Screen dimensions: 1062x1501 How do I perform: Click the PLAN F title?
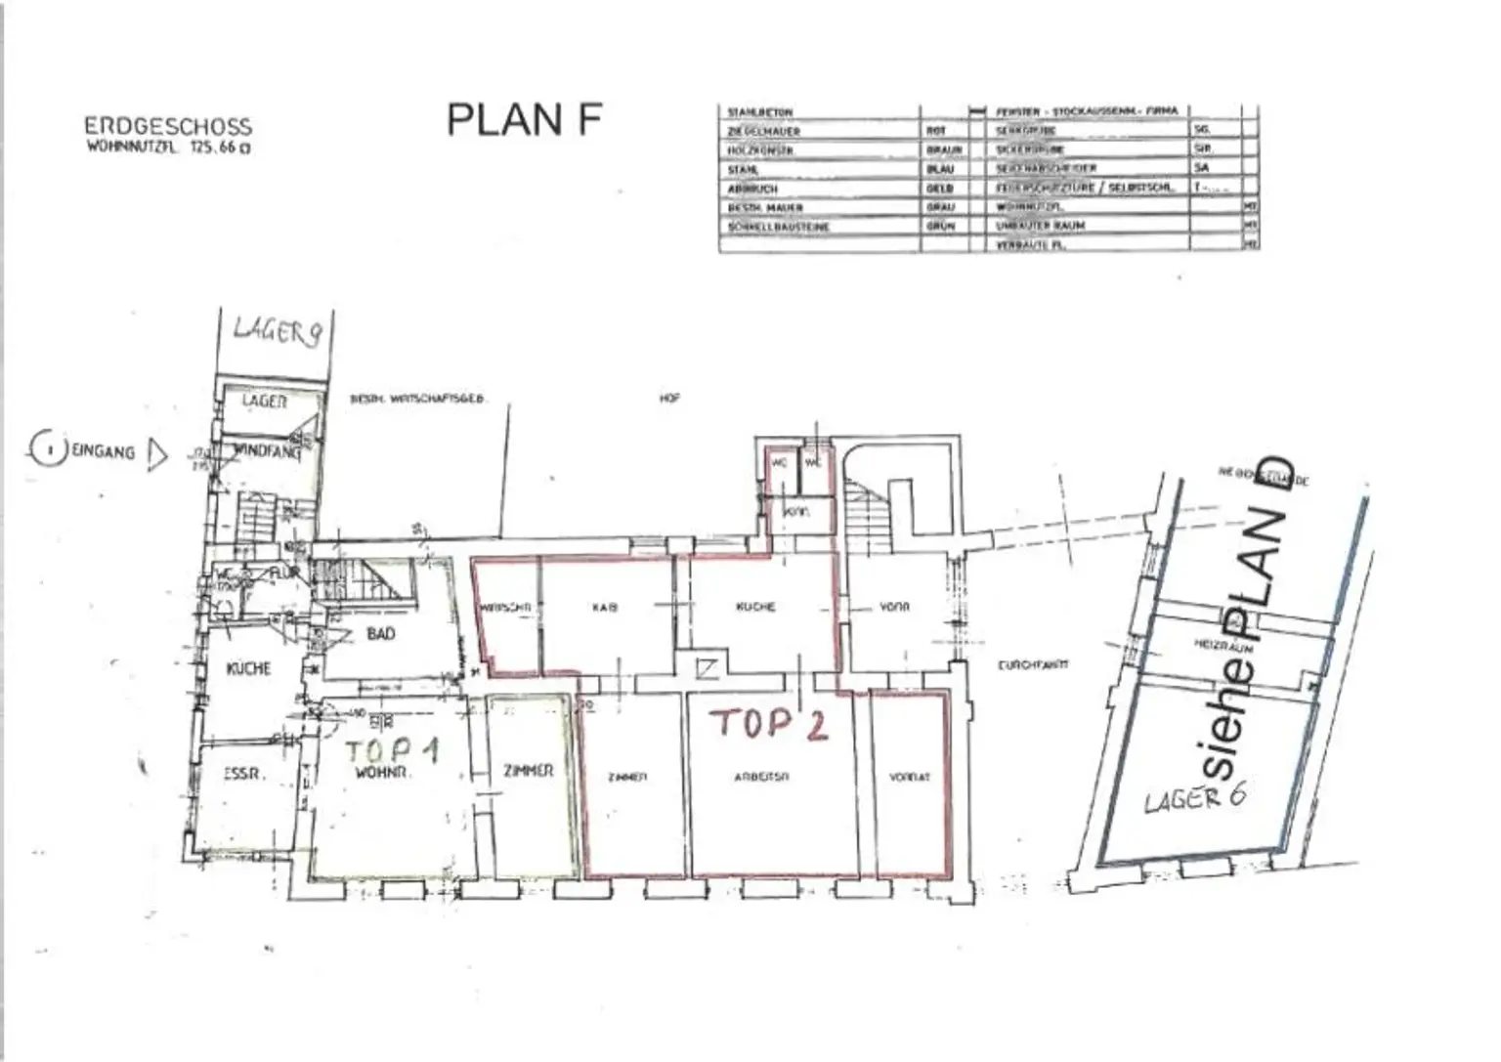pos(524,119)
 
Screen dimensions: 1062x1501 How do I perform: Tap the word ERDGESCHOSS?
pos(167,127)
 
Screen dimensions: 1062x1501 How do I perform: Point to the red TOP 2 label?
pos(769,723)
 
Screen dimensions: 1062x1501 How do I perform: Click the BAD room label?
pos(380,634)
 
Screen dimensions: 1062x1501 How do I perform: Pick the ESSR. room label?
pos(242,774)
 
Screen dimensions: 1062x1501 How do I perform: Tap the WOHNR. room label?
pos(381,772)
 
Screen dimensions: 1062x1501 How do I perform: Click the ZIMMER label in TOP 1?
pos(528,771)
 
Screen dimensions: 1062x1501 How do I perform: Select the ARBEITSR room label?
pos(761,778)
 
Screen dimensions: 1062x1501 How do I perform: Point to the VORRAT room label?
pos(909,778)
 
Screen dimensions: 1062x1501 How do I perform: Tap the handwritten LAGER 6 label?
pos(1194,797)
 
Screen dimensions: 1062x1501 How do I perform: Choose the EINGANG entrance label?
pos(103,451)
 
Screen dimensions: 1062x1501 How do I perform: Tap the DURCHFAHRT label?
pos(1032,665)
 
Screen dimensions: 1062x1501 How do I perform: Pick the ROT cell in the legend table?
pos(935,131)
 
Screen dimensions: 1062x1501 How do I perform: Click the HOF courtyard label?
pos(669,399)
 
